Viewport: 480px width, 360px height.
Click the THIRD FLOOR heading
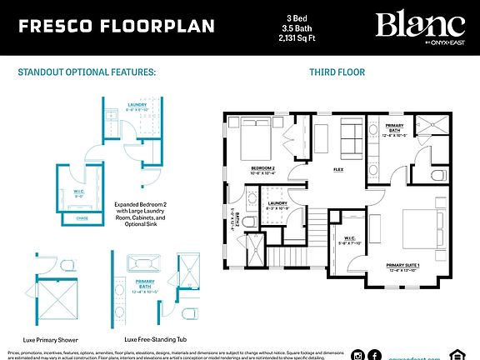click(x=337, y=72)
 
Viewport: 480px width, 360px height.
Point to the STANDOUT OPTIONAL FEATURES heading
click(x=87, y=72)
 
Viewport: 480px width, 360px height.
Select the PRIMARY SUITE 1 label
click(x=408, y=267)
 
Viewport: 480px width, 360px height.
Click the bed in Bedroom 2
click(x=261, y=141)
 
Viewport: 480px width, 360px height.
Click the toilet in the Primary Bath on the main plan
click(x=438, y=174)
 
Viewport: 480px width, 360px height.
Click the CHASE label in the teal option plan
click(x=82, y=217)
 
